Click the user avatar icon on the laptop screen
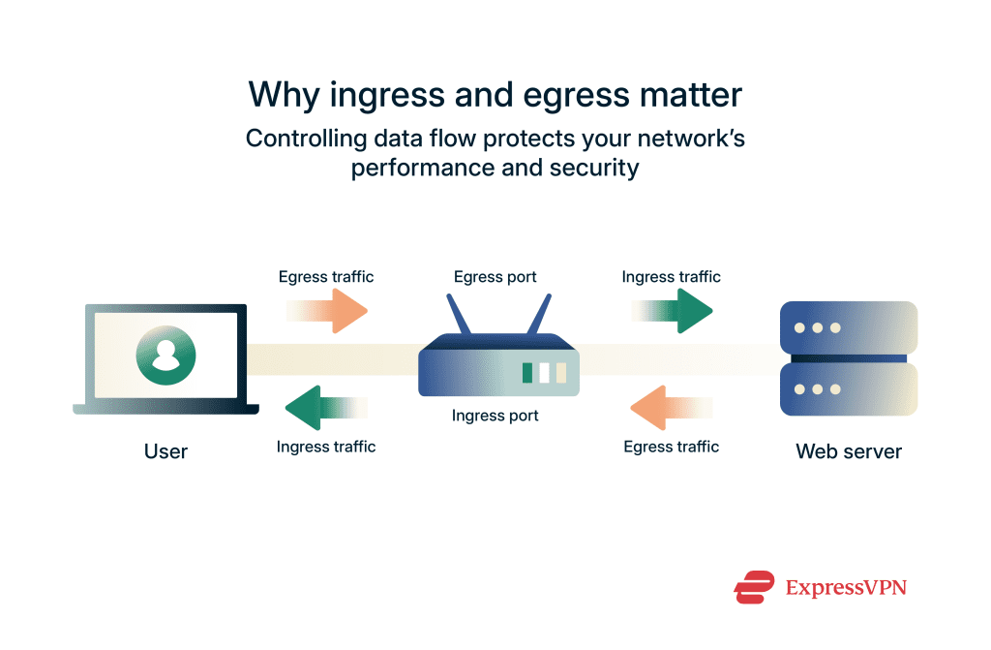pos(165,355)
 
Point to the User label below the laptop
pos(165,451)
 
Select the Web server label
pos(849,451)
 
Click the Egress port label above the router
pos(495,278)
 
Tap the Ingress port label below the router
pos(495,416)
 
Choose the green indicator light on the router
pos(527,373)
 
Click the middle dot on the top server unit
pos(818,327)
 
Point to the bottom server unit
pos(849,389)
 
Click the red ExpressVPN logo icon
pos(755,587)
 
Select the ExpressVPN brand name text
pos(846,587)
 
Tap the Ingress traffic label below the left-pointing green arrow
pos(326,447)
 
